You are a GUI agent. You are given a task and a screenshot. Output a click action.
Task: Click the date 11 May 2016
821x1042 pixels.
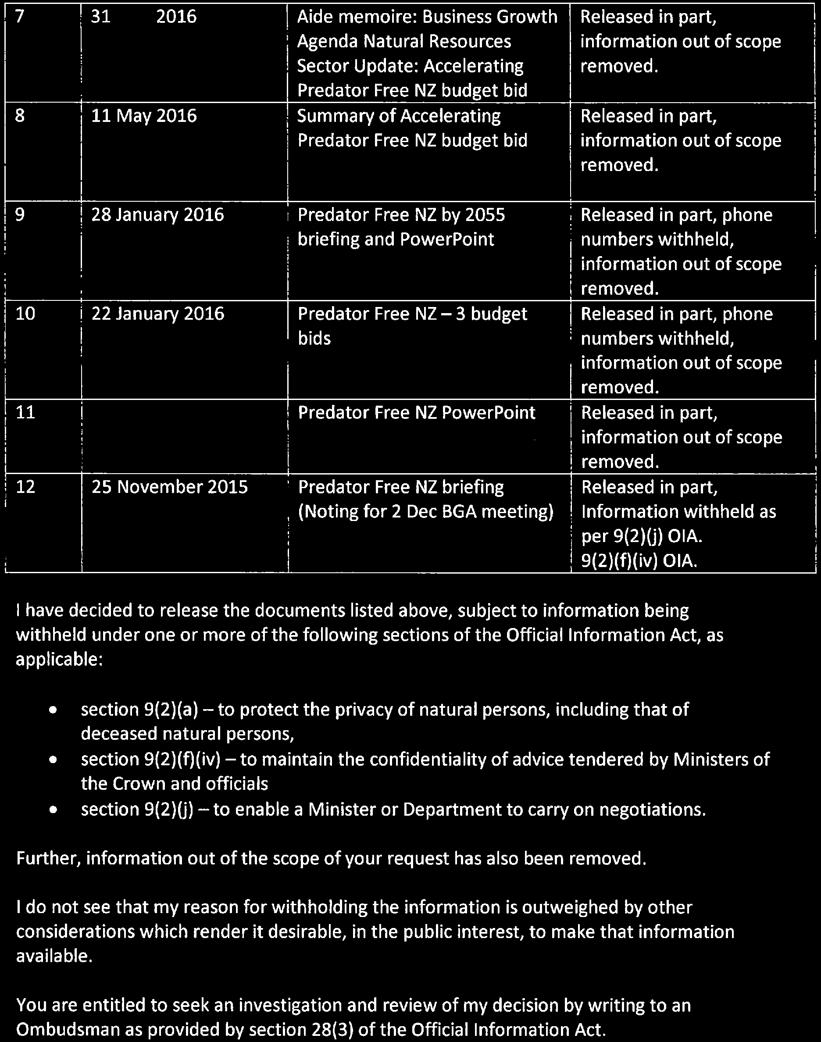144,116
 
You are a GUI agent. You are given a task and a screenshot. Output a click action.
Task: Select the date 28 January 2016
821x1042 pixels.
157,214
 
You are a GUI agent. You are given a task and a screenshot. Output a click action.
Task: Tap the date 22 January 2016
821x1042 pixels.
157,314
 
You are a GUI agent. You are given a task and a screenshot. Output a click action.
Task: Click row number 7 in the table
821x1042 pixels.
19,17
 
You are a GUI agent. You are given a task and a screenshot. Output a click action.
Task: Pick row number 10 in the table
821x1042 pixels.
25,314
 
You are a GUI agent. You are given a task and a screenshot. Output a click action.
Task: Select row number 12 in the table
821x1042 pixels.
25,487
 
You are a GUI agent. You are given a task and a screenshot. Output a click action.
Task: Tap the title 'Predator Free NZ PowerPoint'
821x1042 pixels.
416,412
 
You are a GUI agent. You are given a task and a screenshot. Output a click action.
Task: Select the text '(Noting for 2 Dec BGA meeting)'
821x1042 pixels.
426,511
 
